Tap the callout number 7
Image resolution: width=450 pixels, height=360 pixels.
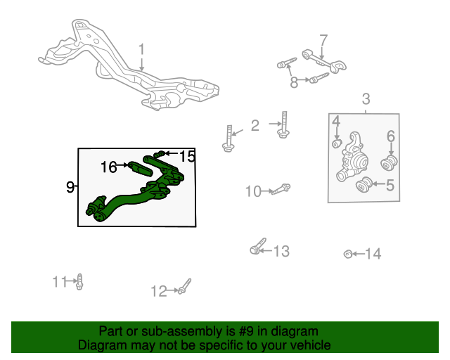pos(323,41)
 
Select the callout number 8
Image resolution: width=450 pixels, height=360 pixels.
pos(294,82)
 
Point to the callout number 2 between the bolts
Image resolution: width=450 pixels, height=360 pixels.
pos(255,126)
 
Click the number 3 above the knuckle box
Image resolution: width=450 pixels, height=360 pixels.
pos(366,99)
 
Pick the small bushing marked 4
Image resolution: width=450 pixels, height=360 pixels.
pos(337,143)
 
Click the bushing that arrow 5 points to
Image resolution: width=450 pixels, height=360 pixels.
pos(364,184)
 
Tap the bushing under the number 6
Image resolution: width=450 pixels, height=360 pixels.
pos(389,163)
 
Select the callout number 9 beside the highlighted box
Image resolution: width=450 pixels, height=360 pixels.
pos(70,187)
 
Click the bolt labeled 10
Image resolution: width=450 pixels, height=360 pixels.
pos(281,189)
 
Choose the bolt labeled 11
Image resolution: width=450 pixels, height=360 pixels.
pos(79,282)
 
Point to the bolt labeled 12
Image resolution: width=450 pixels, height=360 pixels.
pos(184,286)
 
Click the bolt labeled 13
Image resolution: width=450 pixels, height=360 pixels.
pos(258,246)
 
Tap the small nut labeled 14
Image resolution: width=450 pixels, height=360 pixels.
pos(348,254)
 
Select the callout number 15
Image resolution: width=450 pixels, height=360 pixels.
pos(187,157)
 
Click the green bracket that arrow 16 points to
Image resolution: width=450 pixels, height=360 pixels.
pos(140,169)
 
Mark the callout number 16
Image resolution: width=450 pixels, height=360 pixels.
pos(109,167)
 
